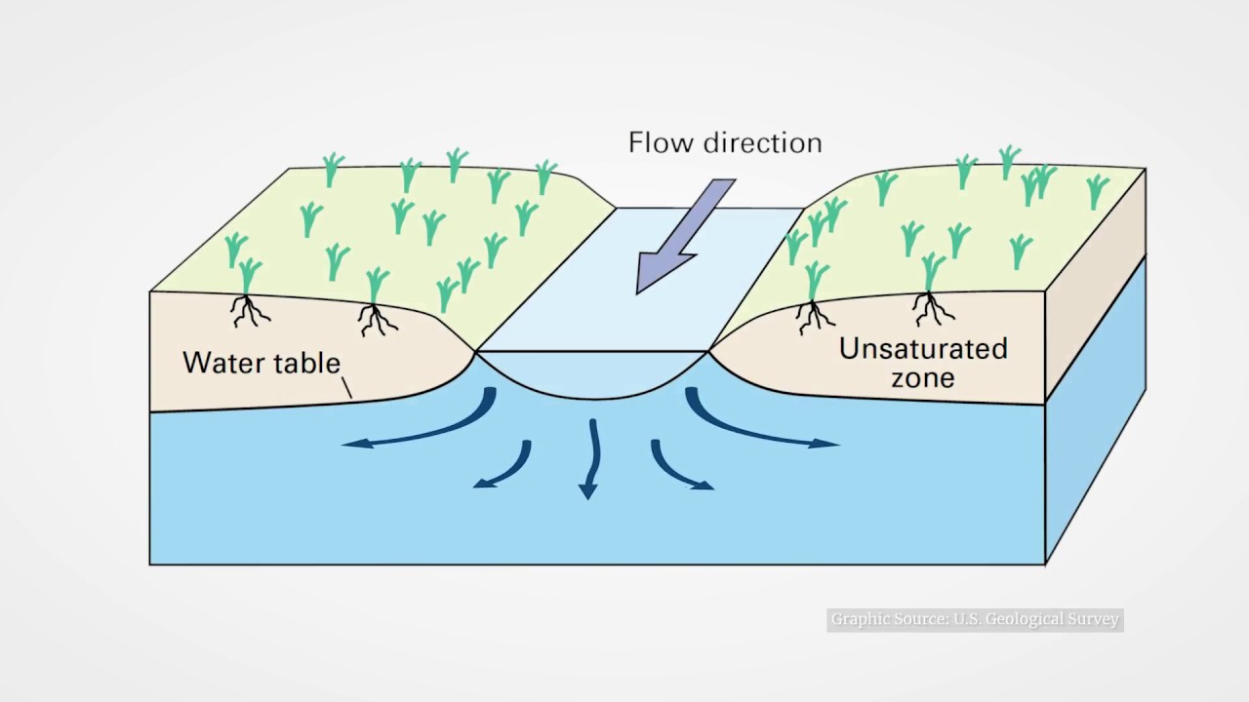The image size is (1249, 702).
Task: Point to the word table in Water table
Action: tap(305, 363)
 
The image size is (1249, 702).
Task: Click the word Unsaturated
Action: tap(923, 349)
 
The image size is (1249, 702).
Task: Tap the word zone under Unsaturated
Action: tap(922, 378)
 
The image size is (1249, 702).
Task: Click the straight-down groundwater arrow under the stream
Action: tap(591, 458)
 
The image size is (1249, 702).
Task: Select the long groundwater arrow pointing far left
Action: tap(420, 429)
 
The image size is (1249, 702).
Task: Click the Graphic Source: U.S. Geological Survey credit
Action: tap(975, 620)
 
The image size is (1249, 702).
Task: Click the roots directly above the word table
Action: tap(376, 318)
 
